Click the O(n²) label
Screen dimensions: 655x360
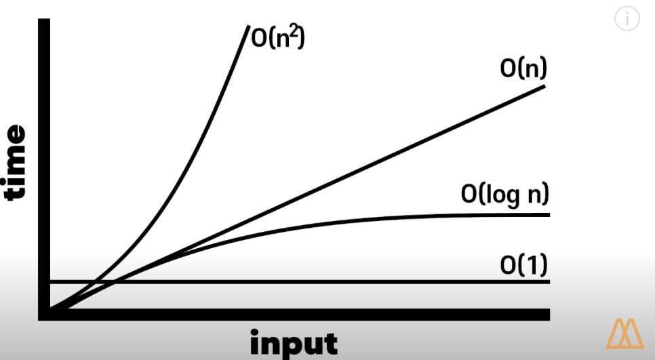(279, 39)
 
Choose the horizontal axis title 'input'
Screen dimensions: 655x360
(294, 343)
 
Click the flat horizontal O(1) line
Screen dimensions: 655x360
(339, 281)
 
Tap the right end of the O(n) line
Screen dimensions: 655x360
(543, 87)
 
